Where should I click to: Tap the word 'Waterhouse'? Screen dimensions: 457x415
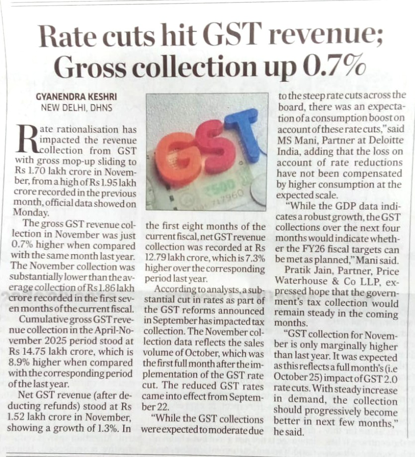coord(304,281)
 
